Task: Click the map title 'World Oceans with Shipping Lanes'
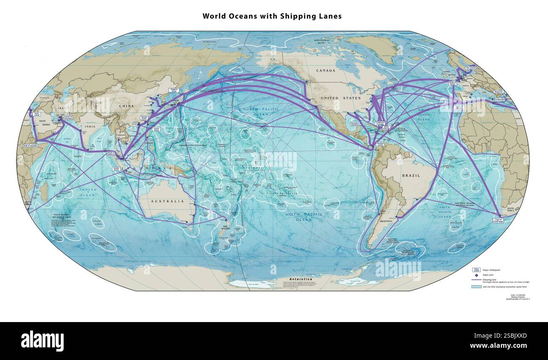272,16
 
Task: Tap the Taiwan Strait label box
144,118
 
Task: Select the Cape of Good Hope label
498,220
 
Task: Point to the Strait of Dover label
452,83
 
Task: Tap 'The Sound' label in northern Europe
470,67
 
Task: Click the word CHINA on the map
126,106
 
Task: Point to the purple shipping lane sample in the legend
476,279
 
